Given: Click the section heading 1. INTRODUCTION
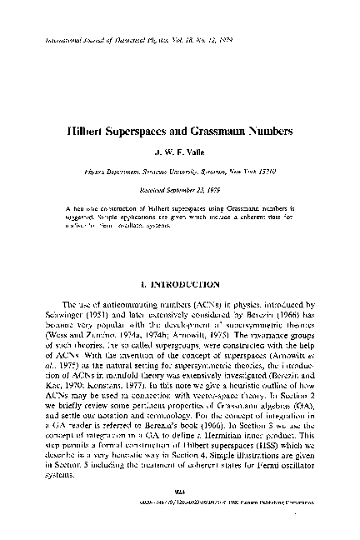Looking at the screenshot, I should [x=180, y=285].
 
